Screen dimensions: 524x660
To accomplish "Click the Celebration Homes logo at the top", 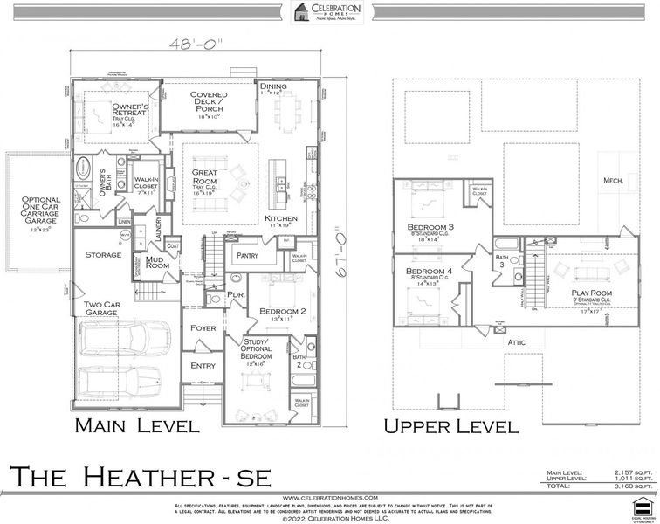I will pyautogui.click(x=329, y=11).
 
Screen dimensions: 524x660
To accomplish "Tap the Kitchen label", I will pyautogui.click(x=282, y=218).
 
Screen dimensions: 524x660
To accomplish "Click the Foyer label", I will pyautogui.click(x=203, y=327).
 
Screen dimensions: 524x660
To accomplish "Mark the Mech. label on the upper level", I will pyautogui.click(x=614, y=181).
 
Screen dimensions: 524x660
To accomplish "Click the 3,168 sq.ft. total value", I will pyautogui.click(x=636, y=487).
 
